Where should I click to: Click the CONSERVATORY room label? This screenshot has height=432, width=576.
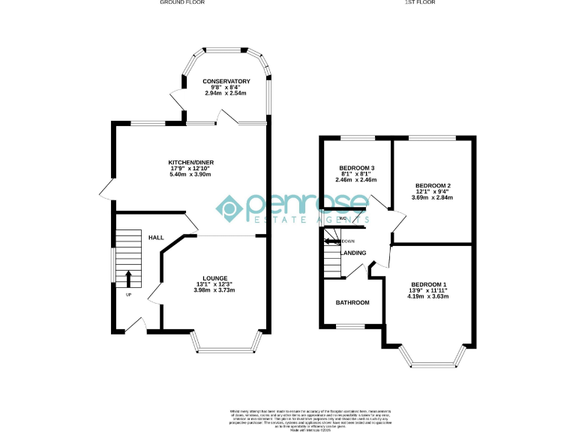(x=226, y=81)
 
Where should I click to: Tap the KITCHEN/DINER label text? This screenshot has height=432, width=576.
(x=190, y=161)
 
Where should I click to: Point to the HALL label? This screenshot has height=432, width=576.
(x=156, y=238)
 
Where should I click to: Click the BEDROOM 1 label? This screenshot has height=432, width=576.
(x=429, y=284)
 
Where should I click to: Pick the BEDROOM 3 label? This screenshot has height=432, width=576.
(x=357, y=167)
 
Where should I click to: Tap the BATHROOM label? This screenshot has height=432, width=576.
(x=352, y=302)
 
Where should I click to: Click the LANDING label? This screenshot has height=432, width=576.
(x=353, y=253)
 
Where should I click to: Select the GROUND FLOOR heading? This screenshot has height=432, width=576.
(x=182, y=3)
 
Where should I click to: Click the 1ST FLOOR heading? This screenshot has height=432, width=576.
(x=420, y=3)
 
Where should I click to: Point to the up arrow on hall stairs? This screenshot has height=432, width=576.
(x=128, y=279)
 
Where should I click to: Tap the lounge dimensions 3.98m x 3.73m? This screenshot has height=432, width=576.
(x=214, y=291)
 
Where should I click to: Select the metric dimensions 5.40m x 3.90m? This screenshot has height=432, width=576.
(x=190, y=174)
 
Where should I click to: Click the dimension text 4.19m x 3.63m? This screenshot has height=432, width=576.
(x=429, y=296)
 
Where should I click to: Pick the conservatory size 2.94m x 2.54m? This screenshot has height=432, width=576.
(x=226, y=94)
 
